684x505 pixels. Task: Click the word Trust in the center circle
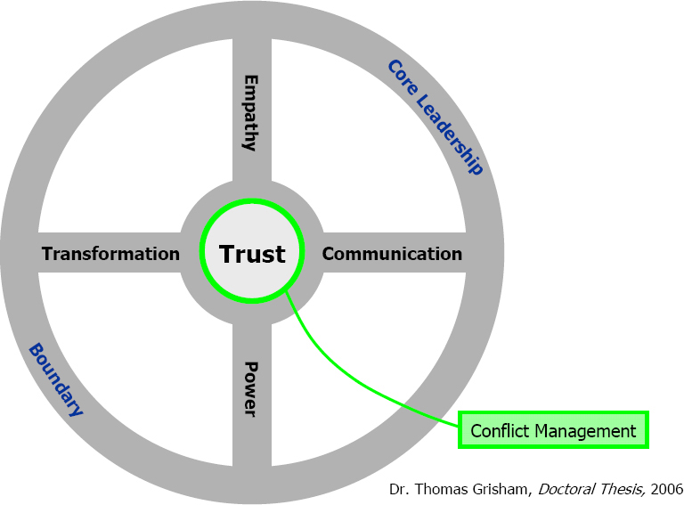[252, 254]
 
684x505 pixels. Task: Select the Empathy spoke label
[251, 112]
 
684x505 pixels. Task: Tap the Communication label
[392, 254]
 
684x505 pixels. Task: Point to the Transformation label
[110, 254]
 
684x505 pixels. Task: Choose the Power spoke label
[251, 388]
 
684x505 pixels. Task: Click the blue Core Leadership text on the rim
[436, 117]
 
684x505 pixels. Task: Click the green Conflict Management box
[553, 431]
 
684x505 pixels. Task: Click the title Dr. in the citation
[399, 489]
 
